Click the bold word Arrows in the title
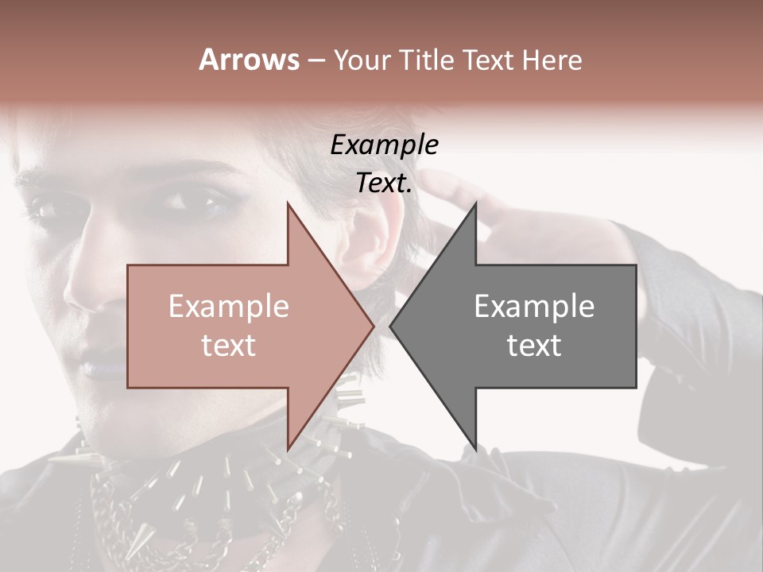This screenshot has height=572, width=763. (x=249, y=60)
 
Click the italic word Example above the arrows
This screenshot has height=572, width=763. (x=384, y=145)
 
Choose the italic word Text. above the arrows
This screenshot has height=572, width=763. (x=384, y=184)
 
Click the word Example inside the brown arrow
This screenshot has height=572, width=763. (x=229, y=307)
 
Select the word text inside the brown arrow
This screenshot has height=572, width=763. (x=229, y=345)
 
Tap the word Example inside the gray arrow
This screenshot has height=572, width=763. (x=534, y=307)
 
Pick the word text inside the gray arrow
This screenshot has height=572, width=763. (x=534, y=345)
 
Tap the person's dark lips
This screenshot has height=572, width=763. (x=99, y=367)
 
